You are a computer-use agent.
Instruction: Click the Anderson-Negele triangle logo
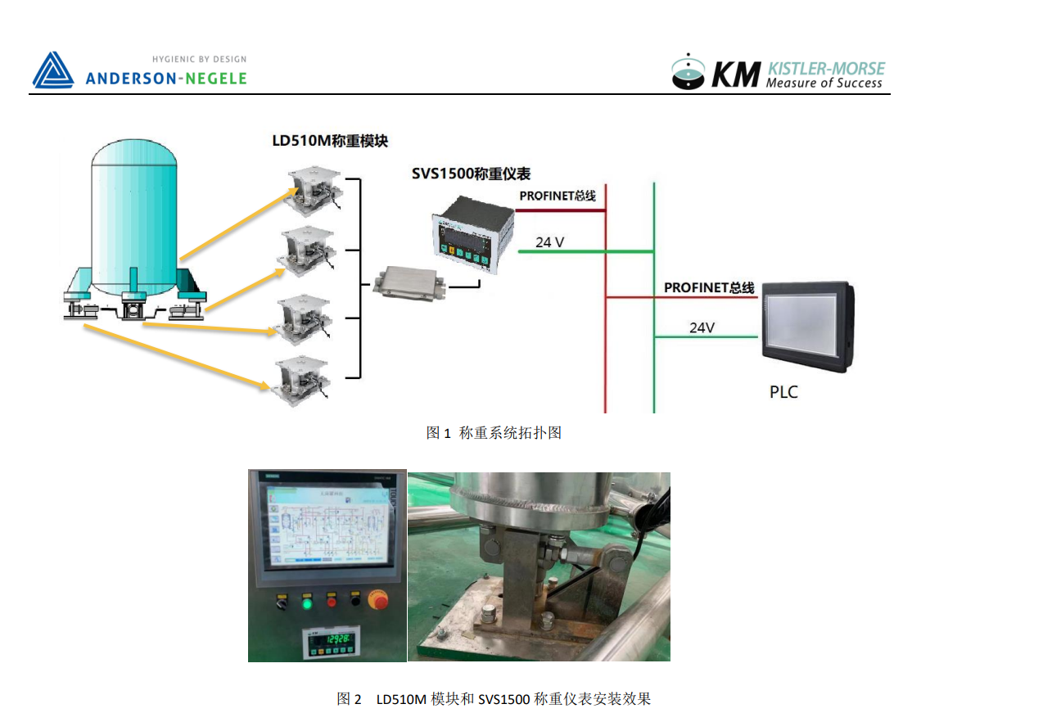point(53,70)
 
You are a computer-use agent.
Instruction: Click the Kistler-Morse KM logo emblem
point(688,72)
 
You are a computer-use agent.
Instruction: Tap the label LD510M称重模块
point(329,141)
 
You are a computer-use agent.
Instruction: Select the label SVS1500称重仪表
point(471,174)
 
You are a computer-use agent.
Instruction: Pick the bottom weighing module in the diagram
point(305,377)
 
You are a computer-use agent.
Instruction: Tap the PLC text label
point(783,392)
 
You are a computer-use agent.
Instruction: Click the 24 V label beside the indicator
point(549,242)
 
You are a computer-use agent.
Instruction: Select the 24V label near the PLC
point(702,327)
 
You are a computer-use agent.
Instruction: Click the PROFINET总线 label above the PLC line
point(709,288)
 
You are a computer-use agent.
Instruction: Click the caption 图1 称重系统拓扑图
point(494,433)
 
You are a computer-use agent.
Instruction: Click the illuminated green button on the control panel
point(307,604)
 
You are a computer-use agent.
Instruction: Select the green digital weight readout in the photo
point(338,639)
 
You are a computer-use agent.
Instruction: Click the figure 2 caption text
point(494,699)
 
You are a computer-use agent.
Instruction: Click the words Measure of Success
point(824,83)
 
